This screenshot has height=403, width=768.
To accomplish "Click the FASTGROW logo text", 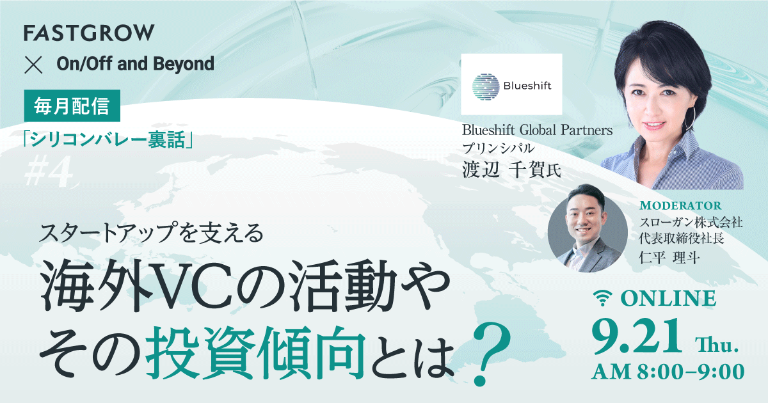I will click(88, 33).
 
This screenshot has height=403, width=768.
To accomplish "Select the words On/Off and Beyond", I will click(135, 64).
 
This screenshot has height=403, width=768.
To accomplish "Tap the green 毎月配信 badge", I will click(72, 105).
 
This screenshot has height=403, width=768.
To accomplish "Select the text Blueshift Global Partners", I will click(538, 130).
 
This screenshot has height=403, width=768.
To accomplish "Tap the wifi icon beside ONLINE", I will click(600, 298).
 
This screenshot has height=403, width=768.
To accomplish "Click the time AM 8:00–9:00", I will click(669, 372).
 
